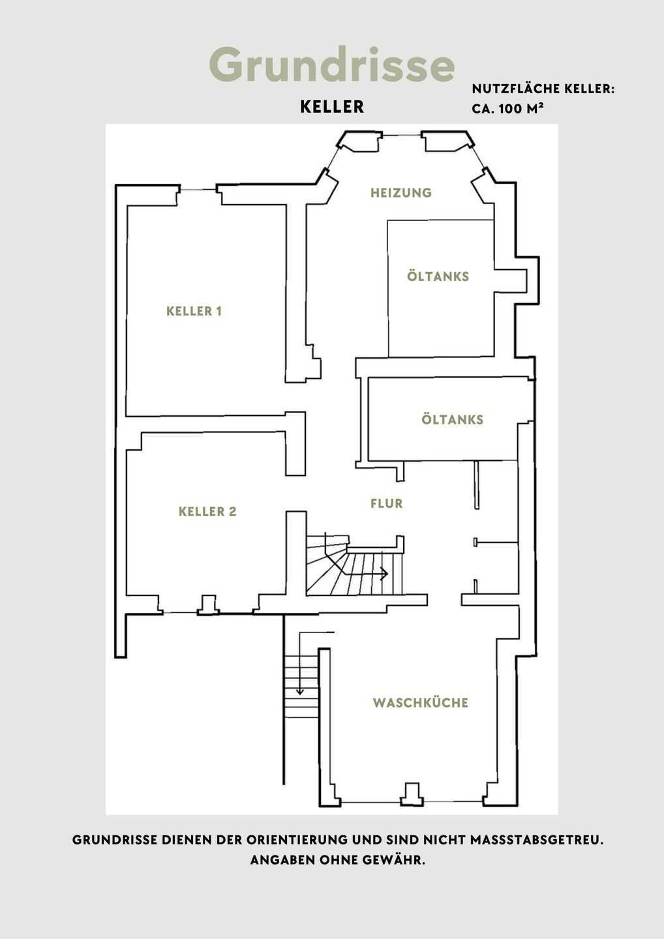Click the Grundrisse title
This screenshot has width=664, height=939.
click(x=331, y=65)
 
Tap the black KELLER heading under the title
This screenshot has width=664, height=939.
click(x=332, y=107)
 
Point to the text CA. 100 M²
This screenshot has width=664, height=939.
click(x=508, y=108)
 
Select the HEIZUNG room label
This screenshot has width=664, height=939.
click(x=400, y=193)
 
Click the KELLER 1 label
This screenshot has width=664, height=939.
click(x=194, y=311)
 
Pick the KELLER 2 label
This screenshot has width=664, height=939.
click(x=207, y=511)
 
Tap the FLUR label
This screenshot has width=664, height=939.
click(x=387, y=503)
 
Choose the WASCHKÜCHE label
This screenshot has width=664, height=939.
click(x=421, y=702)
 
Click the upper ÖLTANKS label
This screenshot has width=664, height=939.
click(x=438, y=276)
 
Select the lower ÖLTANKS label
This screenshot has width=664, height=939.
click(x=452, y=420)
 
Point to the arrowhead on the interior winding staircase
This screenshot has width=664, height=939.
click(x=385, y=573)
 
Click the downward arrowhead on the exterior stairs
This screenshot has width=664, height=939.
click(x=300, y=692)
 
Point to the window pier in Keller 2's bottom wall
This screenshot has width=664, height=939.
click(x=208, y=605)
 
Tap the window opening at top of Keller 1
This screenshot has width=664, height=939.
click(x=198, y=190)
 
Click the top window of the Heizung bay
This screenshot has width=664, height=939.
click(x=402, y=135)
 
